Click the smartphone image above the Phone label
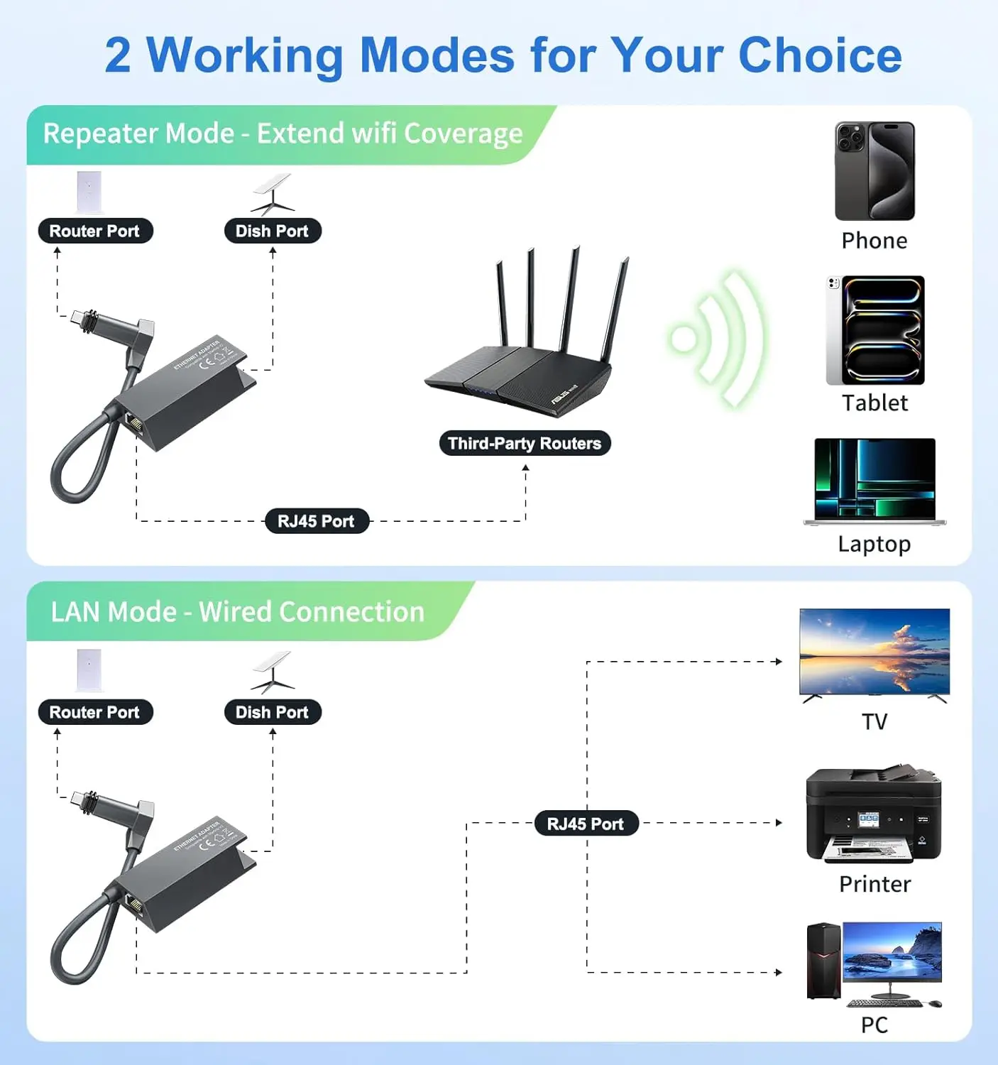[x=874, y=171]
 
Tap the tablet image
[x=875, y=330]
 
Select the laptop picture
[x=874, y=481]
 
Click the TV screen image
[x=874, y=652]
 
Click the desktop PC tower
[x=823, y=961]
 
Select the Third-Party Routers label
[x=525, y=443]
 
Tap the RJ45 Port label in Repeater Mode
[x=316, y=521]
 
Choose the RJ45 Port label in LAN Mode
[x=586, y=824]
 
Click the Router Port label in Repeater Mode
[x=94, y=231]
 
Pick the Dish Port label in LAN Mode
[x=272, y=712]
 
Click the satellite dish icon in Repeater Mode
[x=272, y=194]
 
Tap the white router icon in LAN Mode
[x=89, y=670]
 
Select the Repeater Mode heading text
[x=283, y=133]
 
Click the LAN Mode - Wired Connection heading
[x=237, y=612]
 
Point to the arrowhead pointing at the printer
[x=779, y=823]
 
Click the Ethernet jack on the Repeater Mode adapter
[x=133, y=425]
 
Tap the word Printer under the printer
[x=874, y=884]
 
